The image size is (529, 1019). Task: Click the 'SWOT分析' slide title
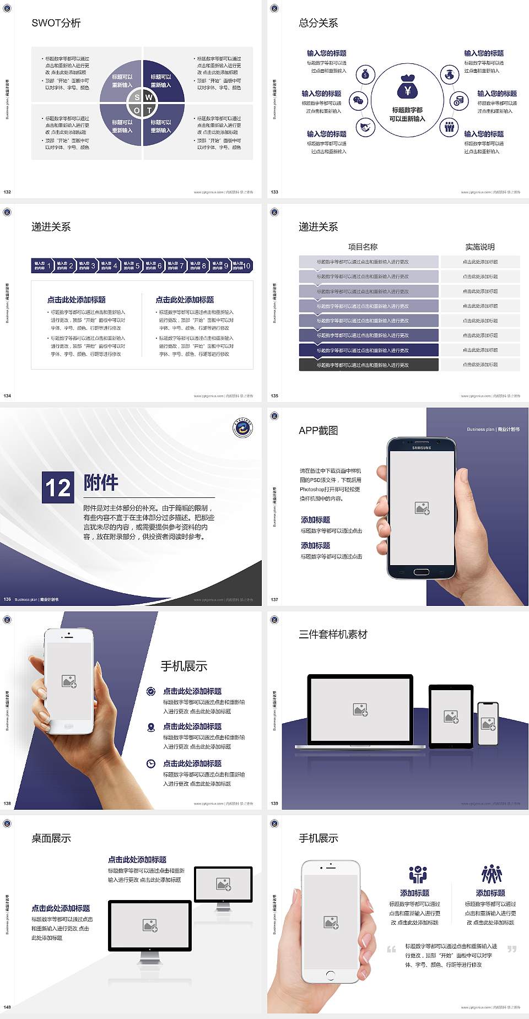pos(56,23)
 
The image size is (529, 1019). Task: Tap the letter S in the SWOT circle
pos(137,97)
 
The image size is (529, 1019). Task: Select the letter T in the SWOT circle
pos(149,110)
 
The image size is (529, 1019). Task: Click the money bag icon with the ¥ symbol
pos(407,86)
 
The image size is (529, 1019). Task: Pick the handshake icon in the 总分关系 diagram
pos(365,127)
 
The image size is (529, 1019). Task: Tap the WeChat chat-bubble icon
pos(359,101)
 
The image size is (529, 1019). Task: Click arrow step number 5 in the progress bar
pos(132,265)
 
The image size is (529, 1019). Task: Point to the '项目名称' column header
pos(363,247)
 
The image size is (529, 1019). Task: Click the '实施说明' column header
pos(479,247)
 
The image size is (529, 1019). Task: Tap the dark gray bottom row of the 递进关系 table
pos(369,365)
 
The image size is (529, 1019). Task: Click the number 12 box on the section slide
pos(58,487)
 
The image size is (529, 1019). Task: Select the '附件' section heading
pos(101,483)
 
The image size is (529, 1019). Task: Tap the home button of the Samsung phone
pos(421,572)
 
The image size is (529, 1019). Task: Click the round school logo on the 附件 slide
pos(242,428)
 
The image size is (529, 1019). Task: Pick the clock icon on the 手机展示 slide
pos(151,763)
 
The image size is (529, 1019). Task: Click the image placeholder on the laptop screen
pos(360,709)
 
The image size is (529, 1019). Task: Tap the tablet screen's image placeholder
pos(451,716)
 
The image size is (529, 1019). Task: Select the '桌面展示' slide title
pos(51,838)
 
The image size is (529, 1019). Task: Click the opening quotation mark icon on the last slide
pos(391,948)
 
